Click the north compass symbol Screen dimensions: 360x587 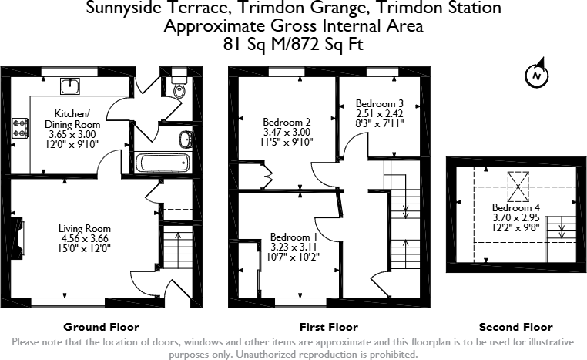pos(536,75)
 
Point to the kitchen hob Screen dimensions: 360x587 pos(18,128)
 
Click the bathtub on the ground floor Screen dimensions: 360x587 pos(162,162)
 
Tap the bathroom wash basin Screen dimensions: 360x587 pos(185,139)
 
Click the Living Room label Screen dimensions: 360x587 pos(85,228)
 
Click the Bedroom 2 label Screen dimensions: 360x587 pos(287,122)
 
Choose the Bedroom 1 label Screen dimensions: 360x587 pos(293,237)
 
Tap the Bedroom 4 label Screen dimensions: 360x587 pos(512,208)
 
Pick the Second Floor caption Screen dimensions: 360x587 pos(515,327)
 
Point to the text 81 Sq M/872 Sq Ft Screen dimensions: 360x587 pos(293,44)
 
